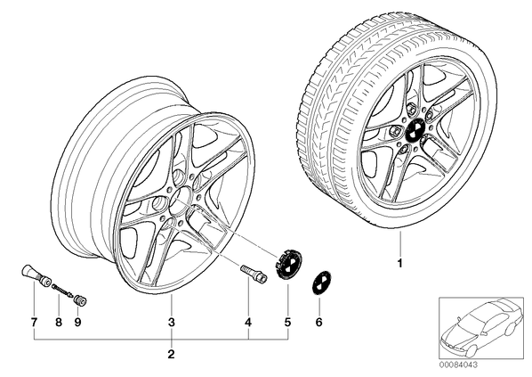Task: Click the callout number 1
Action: click(399, 263)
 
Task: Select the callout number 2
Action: click(171, 354)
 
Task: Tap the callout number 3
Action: click(172, 322)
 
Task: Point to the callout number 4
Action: click(248, 322)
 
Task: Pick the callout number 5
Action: click(287, 322)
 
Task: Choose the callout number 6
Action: click(318, 322)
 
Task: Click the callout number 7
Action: click(34, 322)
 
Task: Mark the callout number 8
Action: click(59, 322)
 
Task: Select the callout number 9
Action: click(77, 322)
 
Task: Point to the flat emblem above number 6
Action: click(321, 283)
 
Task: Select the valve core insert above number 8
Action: click(62, 291)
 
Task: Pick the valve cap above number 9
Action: click(80, 300)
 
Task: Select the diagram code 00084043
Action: click(457, 365)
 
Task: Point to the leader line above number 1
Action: click(400, 243)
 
